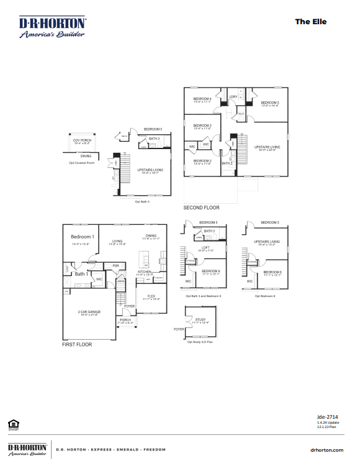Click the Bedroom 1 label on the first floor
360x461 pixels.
click(x=83, y=237)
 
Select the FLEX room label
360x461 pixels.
click(x=151, y=296)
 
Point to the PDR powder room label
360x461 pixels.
click(x=115, y=266)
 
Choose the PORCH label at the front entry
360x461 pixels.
click(x=125, y=321)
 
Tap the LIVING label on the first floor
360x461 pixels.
click(x=117, y=241)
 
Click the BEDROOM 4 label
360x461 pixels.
click(x=202, y=99)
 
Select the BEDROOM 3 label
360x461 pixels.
click(x=202, y=126)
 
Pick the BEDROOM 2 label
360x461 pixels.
click(x=202, y=161)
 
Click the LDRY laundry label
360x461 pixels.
click(x=233, y=97)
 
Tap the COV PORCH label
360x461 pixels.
click(x=82, y=140)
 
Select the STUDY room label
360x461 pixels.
click(x=200, y=319)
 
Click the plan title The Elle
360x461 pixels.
click(x=310, y=22)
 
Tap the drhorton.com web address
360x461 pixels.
click(x=325, y=449)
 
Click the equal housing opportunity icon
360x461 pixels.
click(x=13, y=424)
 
